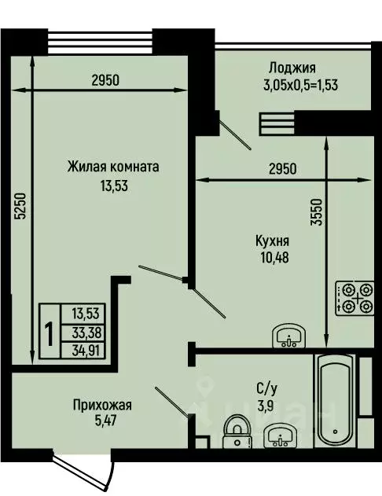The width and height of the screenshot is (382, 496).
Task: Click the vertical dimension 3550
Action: [316, 211]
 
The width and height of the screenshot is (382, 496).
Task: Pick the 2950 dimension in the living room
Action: [105, 79]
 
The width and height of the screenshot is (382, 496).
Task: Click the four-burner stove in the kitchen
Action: [354, 299]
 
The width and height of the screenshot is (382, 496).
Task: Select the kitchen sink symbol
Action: [291, 337]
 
